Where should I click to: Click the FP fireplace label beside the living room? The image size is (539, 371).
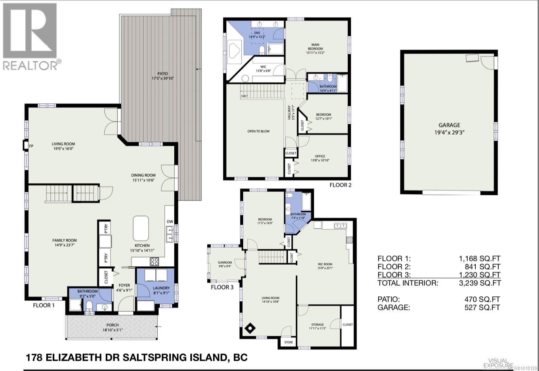(x=31, y=146)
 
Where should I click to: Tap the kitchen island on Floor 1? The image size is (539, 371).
(x=141, y=228)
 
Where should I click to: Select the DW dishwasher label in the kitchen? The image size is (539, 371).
(x=170, y=222)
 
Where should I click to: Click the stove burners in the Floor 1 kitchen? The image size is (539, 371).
(x=154, y=262)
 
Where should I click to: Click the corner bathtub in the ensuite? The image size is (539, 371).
(x=234, y=50)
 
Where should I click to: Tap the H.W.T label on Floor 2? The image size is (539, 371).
(x=244, y=96)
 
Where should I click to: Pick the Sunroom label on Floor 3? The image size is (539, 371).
(x=225, y=262)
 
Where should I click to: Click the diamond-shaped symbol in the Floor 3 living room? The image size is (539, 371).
(x=250, y=328)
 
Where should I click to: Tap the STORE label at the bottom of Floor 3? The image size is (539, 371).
(x=288, y=342)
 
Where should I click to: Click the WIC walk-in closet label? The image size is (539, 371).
(x=263, y=67)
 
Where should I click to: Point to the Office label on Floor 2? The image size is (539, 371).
(x=320, y=156)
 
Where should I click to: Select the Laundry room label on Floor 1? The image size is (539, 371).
(x=161, y=288)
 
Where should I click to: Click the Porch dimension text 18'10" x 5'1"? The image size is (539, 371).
(x=112, y=330)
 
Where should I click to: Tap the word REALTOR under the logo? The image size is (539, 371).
(x=30, y=65)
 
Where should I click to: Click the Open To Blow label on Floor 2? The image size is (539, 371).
(x=258, y=131)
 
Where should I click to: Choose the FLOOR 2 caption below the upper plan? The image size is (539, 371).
(x=340, y=185)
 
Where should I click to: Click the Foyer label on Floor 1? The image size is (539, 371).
(x=124, y=285)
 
